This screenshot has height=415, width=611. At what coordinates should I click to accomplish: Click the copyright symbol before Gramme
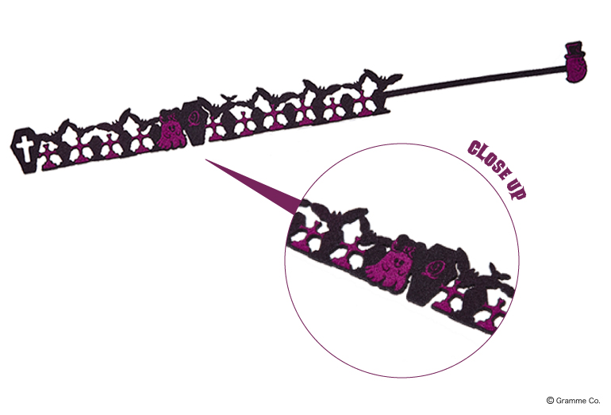pos(550,401)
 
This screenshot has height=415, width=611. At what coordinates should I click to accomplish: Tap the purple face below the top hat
pos(576,71)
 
